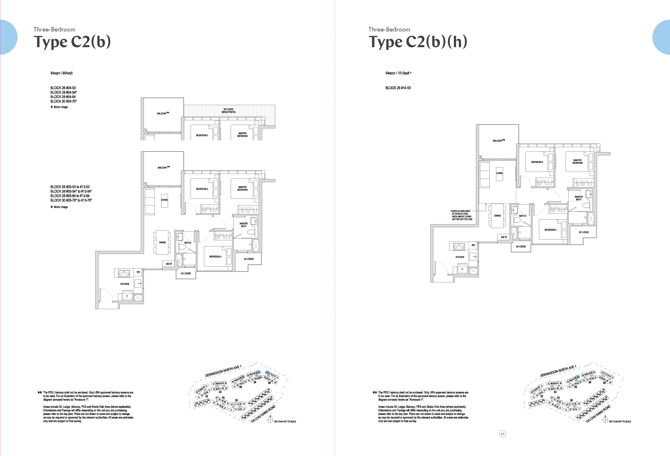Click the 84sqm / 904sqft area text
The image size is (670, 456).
pos(61,73)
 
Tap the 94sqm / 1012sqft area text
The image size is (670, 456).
pos(398,73)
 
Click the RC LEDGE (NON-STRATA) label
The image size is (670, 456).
pos(228,111)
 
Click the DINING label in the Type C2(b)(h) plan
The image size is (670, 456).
pos(497,216)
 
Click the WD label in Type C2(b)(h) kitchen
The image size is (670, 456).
pos(473,245)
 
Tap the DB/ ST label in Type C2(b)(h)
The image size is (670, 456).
pos(504,237)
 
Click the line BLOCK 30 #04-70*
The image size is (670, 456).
pos(64,101)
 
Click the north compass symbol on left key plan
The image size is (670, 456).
pos(270,420)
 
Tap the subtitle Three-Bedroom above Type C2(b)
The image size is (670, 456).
pos(54,29)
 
